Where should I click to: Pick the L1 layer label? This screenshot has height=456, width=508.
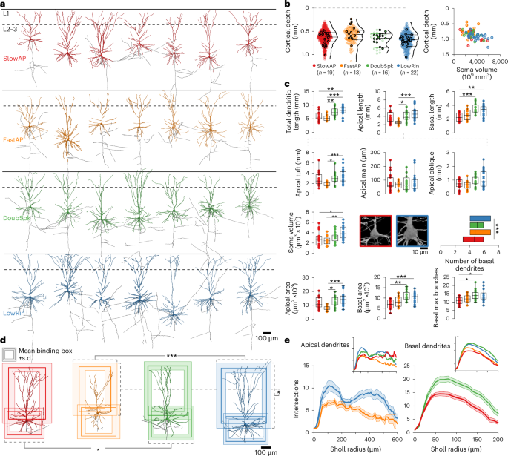coord(7,15)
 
